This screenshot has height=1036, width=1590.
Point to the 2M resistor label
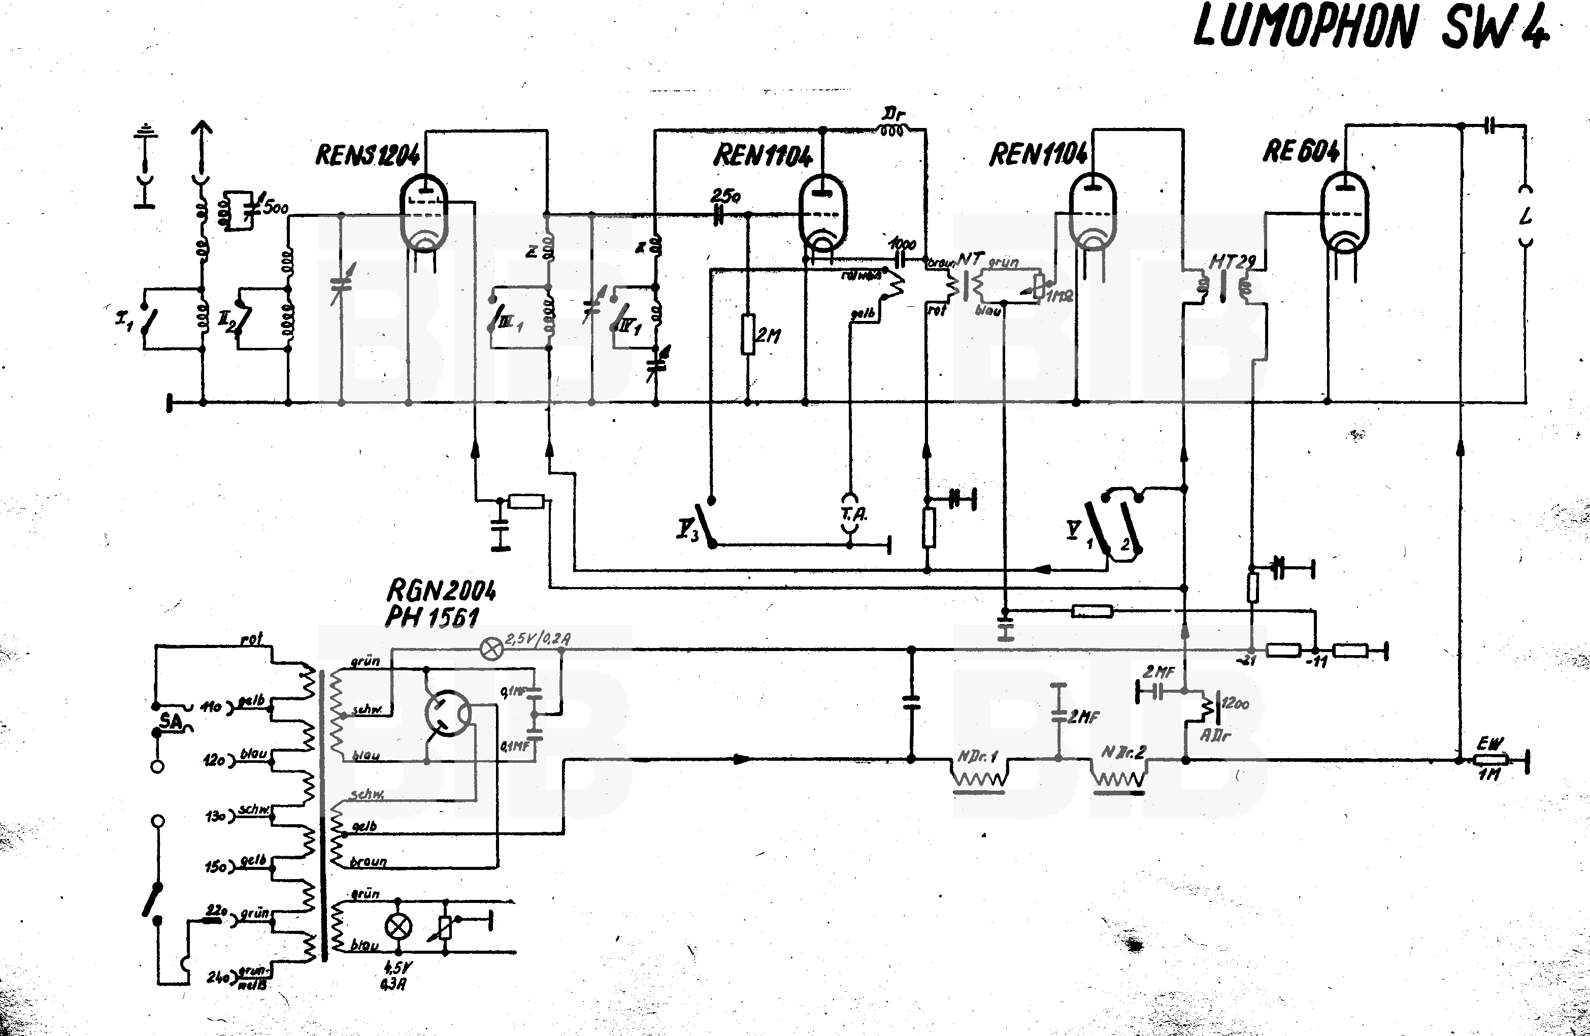point(768,336)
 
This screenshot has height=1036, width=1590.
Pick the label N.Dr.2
point(1123,752)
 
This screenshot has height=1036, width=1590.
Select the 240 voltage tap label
point(217,977)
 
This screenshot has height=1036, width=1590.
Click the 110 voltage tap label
point(211,706)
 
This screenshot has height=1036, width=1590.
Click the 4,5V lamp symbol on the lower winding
point(399,926)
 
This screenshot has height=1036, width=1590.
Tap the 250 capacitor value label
point(725,196)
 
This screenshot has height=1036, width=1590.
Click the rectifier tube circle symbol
point(448,713)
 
